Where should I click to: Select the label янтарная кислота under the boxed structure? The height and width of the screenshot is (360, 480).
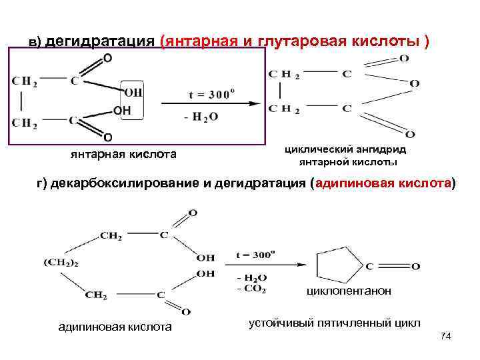pos(123,155)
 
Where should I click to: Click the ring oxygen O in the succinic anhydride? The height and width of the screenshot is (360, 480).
pos(414,83)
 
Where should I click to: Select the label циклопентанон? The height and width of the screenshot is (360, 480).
pos(349,291)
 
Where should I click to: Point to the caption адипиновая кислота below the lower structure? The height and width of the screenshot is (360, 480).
pos(115,326)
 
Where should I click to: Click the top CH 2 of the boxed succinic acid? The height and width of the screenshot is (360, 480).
pos(25,81)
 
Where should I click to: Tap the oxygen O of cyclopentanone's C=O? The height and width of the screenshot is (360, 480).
pos(415,267)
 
